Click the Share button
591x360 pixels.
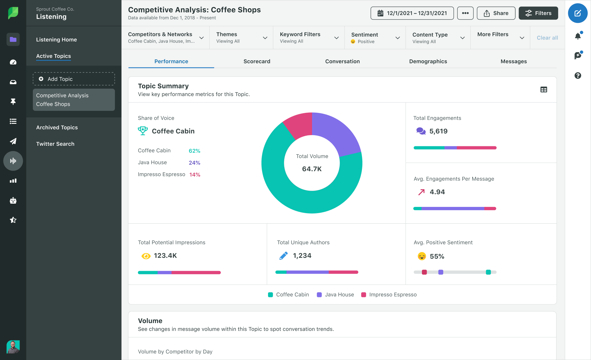(496, 13)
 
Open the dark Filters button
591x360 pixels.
(538, 13)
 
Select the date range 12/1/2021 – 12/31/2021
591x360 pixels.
(412, 13)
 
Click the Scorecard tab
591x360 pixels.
(256, 61)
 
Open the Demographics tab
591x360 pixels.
(428, 61)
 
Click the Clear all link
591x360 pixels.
(547, 38)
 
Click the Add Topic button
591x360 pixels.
(74, 79)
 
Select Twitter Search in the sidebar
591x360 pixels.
(55, 144)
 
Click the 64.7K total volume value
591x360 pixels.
(312, 169)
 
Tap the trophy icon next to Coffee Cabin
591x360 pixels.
(143, 131)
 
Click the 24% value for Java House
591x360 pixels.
(194, 163)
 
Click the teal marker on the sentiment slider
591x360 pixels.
(488, 272)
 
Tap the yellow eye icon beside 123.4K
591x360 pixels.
(146, 256)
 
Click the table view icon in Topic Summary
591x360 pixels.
(543, 90)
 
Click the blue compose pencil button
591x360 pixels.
(577, 13)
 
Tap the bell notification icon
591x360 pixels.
(578, 36)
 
